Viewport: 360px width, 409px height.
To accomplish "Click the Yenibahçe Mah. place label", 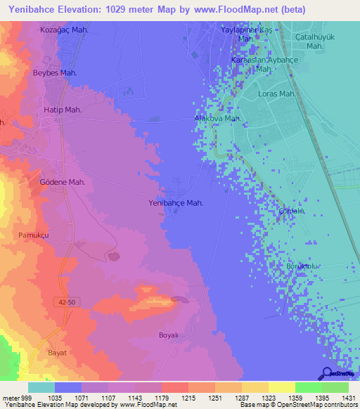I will [x=176, y=202].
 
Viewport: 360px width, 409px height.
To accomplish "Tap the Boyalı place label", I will [x=170, y=335].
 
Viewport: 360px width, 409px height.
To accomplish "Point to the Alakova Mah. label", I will [x=218, y=119].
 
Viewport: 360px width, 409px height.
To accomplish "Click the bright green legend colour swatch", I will [x=308, y=387].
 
